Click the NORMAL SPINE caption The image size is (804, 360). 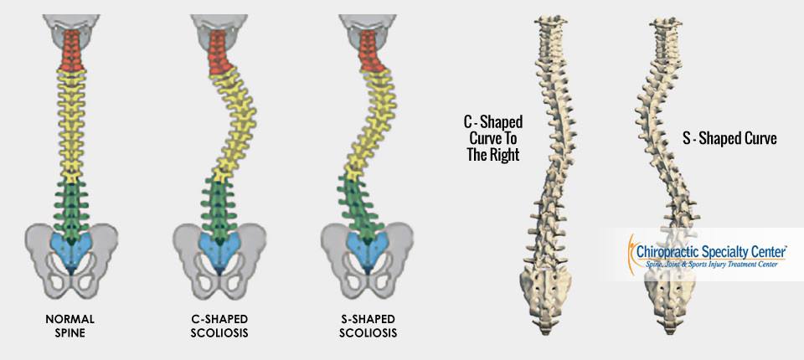pyautogui.click(x=70, y=326)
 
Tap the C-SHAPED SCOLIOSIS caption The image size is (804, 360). pyautogui.click(x=219, y=326)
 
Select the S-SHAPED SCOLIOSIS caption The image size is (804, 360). pyautogui.click(x=368, y=326)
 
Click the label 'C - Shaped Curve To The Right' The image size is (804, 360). pyautogui.click(x=492, y=138)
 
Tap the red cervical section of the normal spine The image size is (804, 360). pyautogui.click(x=71, y=50)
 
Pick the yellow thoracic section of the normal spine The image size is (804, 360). pyautogui.click(x=71, y=126)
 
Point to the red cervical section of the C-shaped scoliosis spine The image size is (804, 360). pyautogui.click(x=219, y=52)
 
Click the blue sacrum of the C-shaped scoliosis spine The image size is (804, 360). pyautogui.click(x=219, y=250)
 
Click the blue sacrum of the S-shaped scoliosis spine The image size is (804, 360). pyautogui.click(x=368, y=250)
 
